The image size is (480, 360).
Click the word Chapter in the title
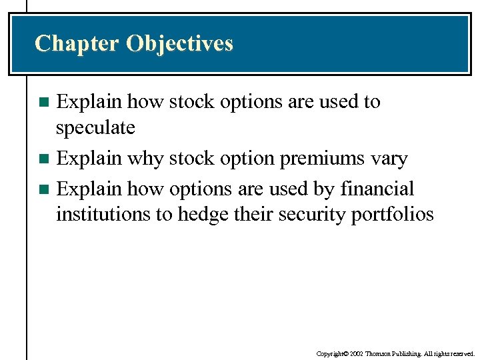77,43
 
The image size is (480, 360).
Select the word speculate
95,127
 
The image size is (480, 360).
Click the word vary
390,159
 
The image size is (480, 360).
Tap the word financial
377,189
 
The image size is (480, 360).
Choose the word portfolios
391,215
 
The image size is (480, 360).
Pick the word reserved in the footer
461,353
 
